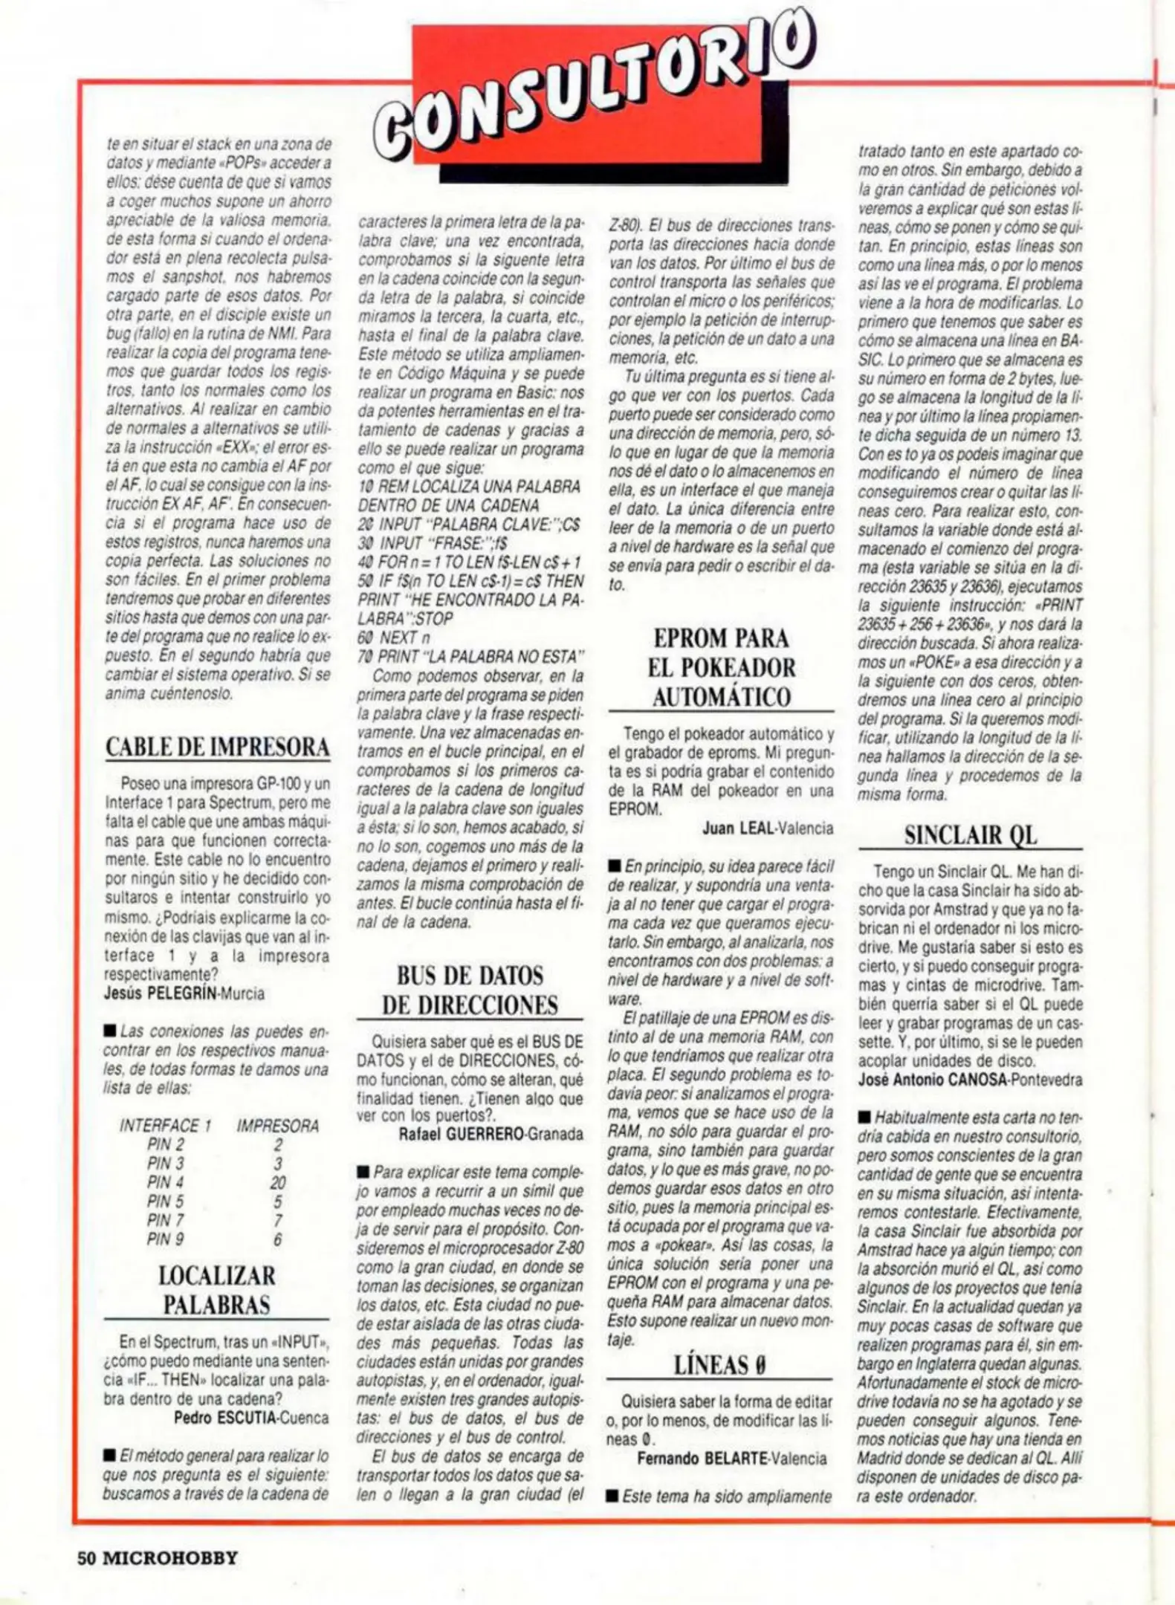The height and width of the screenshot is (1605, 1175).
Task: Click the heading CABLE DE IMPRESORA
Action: click(218, 747)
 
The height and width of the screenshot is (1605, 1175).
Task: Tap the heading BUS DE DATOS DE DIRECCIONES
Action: click(470, 990)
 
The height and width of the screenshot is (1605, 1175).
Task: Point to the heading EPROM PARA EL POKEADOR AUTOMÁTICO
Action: click(721, 667)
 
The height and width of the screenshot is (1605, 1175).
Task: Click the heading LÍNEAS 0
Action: click(719, 1365)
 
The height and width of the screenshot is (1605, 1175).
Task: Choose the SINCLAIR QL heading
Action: click(970, 835)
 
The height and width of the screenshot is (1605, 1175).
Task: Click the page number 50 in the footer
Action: click(88, 1558)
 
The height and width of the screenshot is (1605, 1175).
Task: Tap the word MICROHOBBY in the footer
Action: click(169, 1558)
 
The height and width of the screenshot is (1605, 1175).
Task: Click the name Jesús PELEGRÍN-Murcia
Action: click(184, 993)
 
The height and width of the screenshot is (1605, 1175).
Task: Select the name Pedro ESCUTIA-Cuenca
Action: click(251, 1418)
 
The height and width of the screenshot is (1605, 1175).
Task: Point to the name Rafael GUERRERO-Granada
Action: click(491, 1135)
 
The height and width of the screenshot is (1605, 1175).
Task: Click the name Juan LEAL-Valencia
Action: click(768, 828)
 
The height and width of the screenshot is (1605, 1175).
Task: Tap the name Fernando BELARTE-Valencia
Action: click(731, 1459)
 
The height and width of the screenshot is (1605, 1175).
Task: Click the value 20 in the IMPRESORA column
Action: click(278, 1182)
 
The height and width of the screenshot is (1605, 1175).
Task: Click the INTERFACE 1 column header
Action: click(166, 1126)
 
